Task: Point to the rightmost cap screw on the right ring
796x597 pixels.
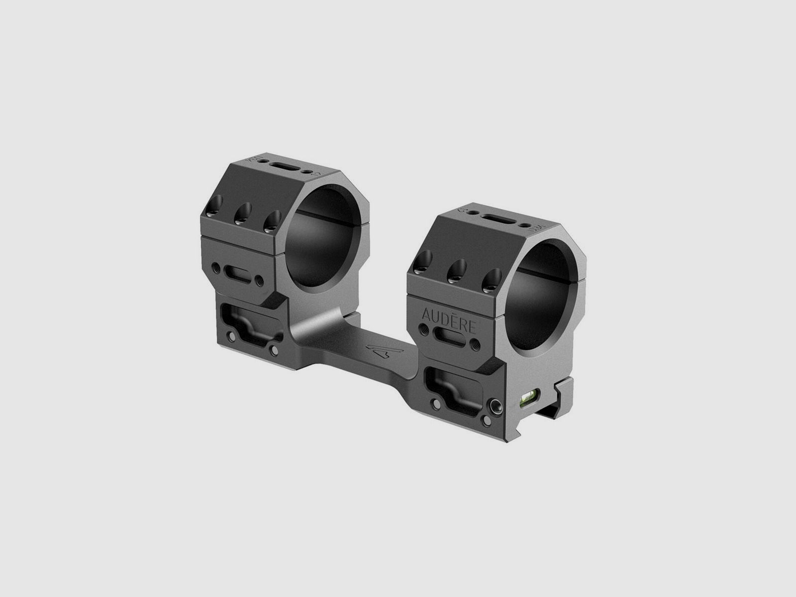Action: (491, 279)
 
